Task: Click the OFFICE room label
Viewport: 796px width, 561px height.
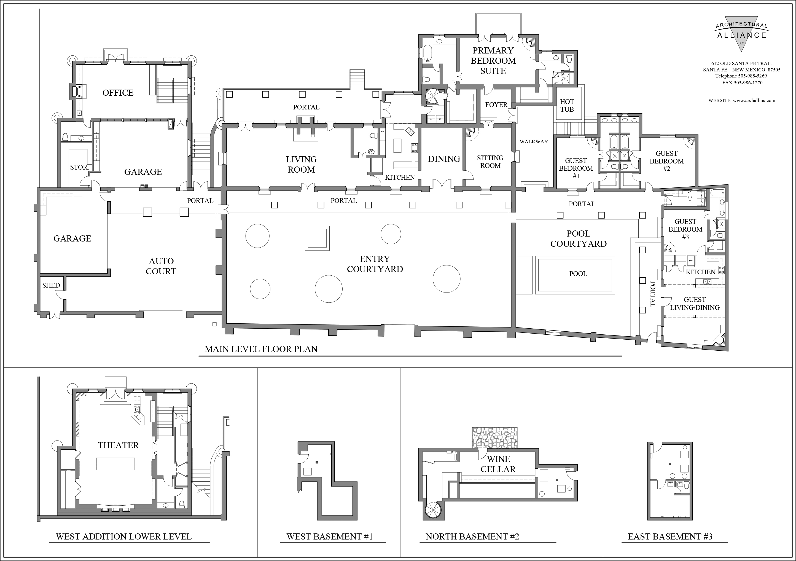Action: [118, 93]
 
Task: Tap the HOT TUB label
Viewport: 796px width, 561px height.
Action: [567, 105]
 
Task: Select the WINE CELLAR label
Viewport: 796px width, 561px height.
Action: [498, 464]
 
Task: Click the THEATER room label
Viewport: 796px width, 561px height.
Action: [118, 445]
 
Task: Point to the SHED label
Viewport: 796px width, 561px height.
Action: [51, 285]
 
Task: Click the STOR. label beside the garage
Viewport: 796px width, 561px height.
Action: [79, 167]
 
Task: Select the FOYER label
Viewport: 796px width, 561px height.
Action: [496, 105]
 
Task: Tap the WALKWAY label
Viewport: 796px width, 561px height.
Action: [534, 141]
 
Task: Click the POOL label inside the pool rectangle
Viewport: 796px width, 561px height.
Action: [578, 273]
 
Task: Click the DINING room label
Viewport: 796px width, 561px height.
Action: [444, 159]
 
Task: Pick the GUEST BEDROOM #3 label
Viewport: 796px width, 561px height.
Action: [685, 229]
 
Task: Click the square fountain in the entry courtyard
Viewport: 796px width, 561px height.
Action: [317, 238]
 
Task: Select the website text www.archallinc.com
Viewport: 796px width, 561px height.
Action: [754, 101]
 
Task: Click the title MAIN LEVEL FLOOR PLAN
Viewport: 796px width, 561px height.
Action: [261, 349]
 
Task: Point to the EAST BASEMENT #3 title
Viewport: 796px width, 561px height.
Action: [670, 537]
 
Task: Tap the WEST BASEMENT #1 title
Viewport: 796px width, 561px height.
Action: [329, 537]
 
